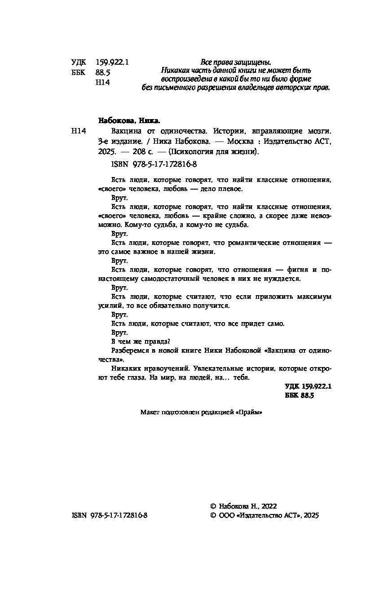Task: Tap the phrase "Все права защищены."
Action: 236,62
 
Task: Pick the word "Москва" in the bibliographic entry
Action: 242,142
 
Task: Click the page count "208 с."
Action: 152,152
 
